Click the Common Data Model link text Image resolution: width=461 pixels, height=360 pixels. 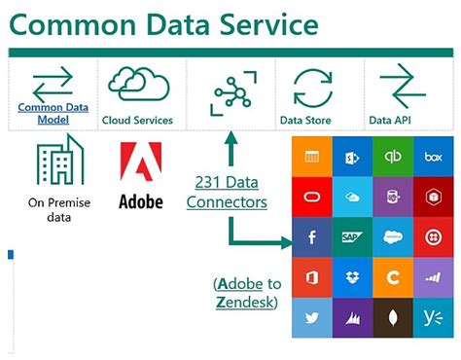click(53, 113)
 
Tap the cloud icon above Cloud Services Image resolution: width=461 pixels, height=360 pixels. click(139, 83)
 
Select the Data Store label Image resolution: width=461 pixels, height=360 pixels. click(305, 121)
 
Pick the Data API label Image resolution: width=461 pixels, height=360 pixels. click(394, 121)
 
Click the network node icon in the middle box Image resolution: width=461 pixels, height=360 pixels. click(230, 91)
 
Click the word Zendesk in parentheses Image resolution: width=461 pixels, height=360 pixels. click(246, 303)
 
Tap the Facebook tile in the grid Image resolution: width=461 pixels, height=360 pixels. click(310, 236)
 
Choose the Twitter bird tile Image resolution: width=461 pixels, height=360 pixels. click(310, 317)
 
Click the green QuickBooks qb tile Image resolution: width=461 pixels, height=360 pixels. click(393, 156)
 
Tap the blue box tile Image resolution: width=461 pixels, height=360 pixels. click(434, 156)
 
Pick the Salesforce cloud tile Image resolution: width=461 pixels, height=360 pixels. click(393, 236)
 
